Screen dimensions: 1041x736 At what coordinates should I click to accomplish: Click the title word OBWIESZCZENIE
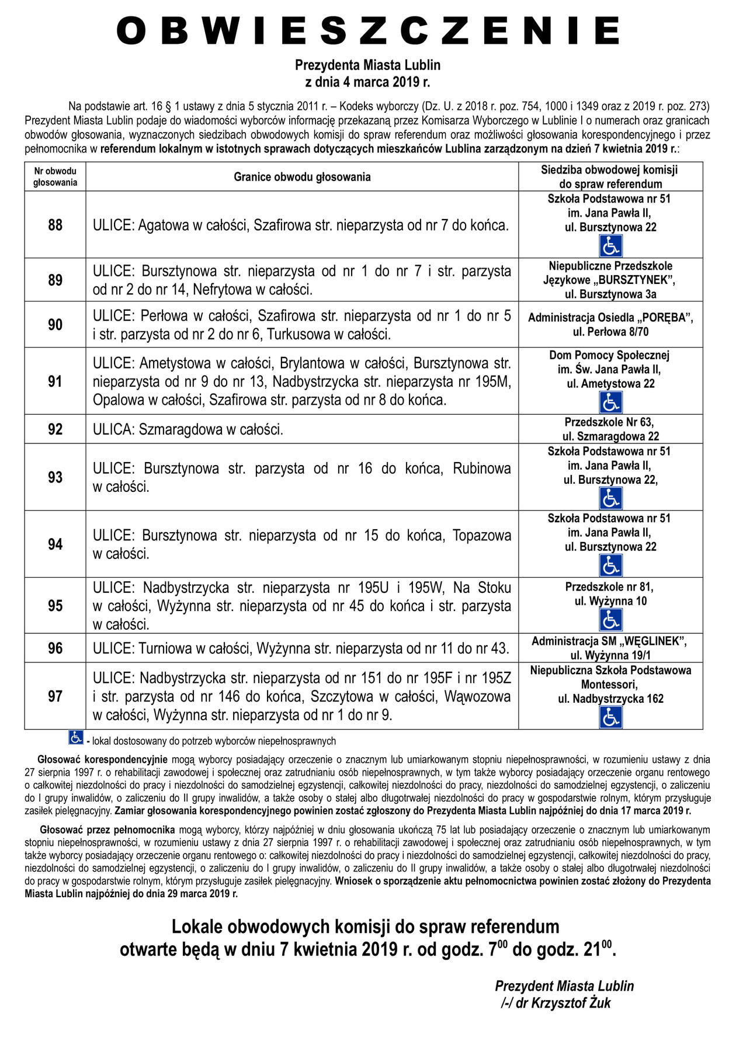click(x=368, y=30)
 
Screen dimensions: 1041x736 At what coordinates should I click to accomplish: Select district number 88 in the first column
click(x=55, y=225)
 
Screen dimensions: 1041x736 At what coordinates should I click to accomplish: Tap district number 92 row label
click(x=55, y=429)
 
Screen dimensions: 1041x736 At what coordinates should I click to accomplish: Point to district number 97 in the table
click(x=55, y=696)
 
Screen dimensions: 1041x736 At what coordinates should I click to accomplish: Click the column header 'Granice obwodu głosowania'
click(x=302, y=176)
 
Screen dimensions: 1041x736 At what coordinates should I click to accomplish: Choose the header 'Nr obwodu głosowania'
click(x=55, y=176)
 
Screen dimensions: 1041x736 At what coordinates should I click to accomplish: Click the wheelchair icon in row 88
click(x=610, y=245)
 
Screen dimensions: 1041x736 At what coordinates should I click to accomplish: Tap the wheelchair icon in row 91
click(x=610, y=402)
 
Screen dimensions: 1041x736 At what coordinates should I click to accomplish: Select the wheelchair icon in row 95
click(x=610, y=620)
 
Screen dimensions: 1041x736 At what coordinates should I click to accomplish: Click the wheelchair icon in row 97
click(x=610, y=717)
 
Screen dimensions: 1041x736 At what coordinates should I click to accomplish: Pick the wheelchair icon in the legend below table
click(x=75, y=738)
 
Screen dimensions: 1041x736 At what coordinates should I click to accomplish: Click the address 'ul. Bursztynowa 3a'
click(x=610, y=294)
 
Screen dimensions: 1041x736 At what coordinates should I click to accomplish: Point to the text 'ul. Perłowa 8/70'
click(x=610, y=332)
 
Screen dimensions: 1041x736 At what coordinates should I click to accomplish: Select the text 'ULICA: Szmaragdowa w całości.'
click(x=188, y=430)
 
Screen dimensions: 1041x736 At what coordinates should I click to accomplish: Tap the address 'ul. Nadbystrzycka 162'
click(x=610, y=699)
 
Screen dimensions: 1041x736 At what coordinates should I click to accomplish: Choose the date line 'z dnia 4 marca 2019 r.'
click(x=367, y=82)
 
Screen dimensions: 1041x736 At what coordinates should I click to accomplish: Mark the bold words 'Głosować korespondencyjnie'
click(x=102, y=760)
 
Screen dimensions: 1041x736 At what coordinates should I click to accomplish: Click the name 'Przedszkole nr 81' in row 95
click(x=609, y=587)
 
